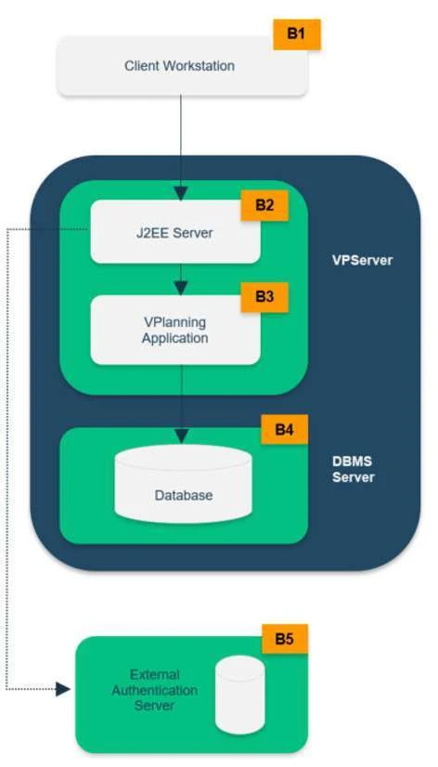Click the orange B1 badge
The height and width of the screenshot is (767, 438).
click(297, 34)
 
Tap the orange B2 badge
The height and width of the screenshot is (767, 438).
click(264, 205)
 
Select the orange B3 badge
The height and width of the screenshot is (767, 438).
click(264, 297)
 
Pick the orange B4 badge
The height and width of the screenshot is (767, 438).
click(285, 430)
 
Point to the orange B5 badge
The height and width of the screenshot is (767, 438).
click(285, 639)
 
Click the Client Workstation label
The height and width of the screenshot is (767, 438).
click(179, 66)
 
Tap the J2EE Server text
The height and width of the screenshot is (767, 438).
click(174, 232)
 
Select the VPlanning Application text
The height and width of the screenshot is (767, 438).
click(175, 331)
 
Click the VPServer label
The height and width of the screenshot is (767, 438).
click(362, 260)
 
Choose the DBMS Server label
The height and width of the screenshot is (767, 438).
click(354, 469)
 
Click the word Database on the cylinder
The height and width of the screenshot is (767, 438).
click(184, 495)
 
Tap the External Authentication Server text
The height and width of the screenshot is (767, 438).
click(154, 690)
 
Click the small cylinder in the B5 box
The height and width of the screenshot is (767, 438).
click(240, 695)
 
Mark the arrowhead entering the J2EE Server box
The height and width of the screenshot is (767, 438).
click(181, 193)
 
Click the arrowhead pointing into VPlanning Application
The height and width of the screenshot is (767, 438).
click(181, 288)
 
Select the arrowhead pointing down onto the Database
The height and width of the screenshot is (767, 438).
click(181, 435)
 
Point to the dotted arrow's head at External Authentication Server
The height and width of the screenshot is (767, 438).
click(63, 689)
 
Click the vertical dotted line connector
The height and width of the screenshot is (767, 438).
click(6, 459)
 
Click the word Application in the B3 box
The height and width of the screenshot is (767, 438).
click(175, 338)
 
